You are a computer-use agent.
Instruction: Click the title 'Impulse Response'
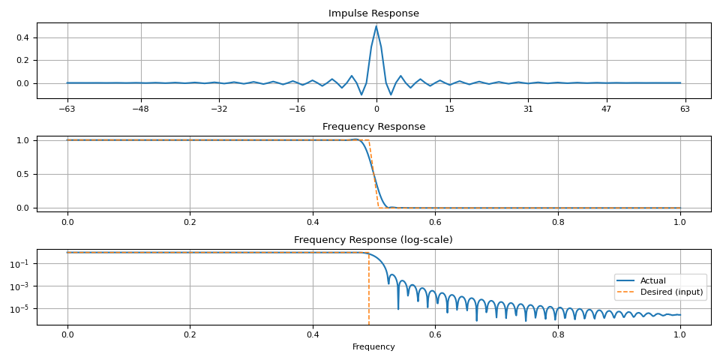[373, 13]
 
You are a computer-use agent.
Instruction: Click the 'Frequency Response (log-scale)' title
[373, 240]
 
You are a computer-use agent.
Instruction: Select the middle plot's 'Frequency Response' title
[373, 127]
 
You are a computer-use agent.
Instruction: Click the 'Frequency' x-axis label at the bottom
[373, 347]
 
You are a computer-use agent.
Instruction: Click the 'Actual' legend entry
[652, 280]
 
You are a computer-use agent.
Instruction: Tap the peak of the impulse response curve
[376, 26]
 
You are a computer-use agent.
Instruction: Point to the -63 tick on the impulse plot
[67, 109]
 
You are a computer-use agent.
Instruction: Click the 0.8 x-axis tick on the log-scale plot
[557, 335]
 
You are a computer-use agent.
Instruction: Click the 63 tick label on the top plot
[685, 109]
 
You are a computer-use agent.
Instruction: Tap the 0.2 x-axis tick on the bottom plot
[190, 335]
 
